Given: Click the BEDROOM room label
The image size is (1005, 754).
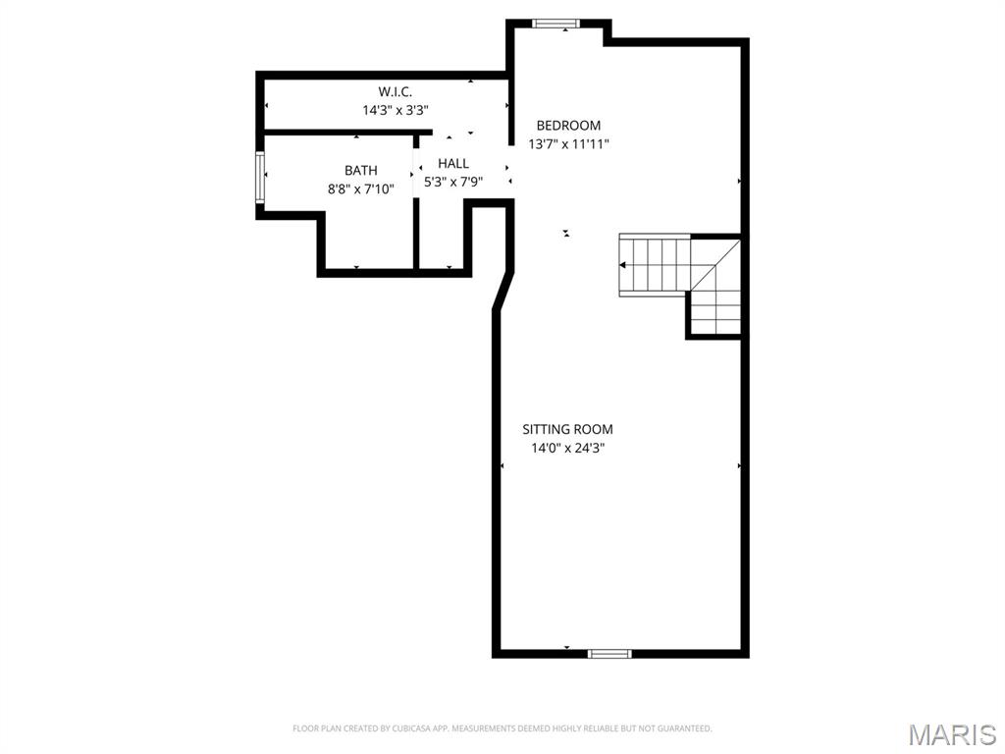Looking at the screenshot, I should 568,126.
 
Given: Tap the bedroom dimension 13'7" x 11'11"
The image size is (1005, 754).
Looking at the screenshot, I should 568,144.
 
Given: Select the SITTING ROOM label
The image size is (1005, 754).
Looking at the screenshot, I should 567,429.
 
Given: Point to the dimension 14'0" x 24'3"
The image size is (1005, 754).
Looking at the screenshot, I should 567,448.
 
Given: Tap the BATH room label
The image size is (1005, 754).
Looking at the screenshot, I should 360,171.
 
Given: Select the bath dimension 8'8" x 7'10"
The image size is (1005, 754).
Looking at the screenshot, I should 360,188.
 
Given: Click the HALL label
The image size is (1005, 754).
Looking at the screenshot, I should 453,163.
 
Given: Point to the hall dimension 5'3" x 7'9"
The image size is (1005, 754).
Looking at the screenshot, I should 453,182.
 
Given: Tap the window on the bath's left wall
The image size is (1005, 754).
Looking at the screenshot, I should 261,177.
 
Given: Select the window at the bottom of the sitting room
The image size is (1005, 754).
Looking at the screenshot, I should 609,652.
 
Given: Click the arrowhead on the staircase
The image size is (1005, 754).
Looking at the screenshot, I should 624,265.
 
